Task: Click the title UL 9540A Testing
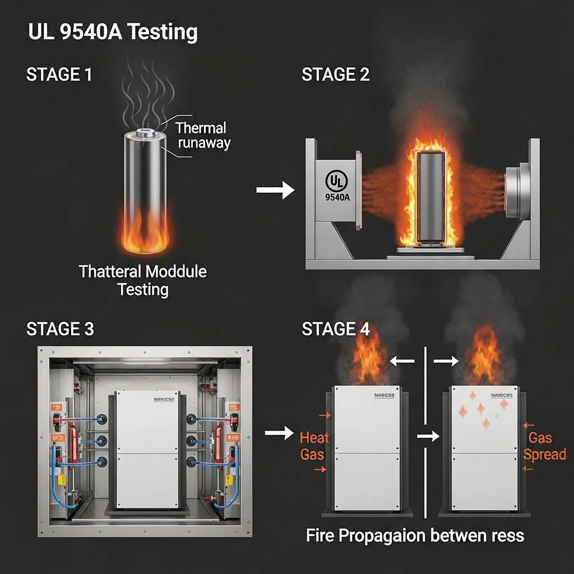click(x=113, y=33)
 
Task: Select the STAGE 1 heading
click(x=59, y=75)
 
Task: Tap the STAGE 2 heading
click(x=335, y=75)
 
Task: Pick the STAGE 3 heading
click(x=60, y=329)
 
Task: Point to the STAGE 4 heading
click(x=335, y=329)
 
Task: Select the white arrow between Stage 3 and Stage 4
click(x=279, y=432)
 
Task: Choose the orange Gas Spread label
click(x=544, y=446)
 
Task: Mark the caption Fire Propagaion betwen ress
click(x=415, y=535)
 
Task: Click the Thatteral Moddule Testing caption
click(x=143, y=281)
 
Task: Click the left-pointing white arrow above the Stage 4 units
click(x=402, y=362)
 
